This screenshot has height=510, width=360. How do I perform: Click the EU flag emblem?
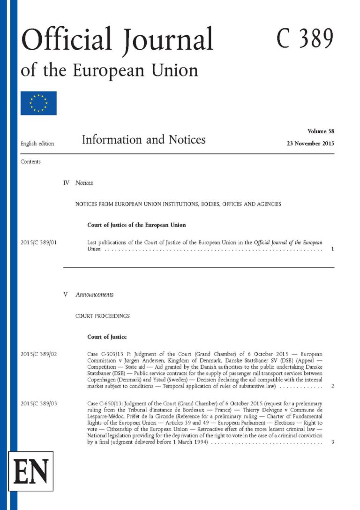coord(38,103)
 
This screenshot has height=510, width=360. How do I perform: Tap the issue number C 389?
coord(305,39)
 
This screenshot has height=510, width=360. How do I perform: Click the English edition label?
coord(37,143)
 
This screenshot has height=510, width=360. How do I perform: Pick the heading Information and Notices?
coord(143,140)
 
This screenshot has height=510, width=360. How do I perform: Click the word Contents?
coord(30,161)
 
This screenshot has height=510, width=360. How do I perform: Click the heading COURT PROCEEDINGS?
coord(103,316)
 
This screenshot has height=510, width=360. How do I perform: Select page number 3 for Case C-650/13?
coord(332,442)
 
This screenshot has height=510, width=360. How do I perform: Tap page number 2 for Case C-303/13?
coord(332,386)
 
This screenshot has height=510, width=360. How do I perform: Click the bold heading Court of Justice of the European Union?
coord(136,225)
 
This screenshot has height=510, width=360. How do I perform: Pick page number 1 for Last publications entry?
coord(332,249)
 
